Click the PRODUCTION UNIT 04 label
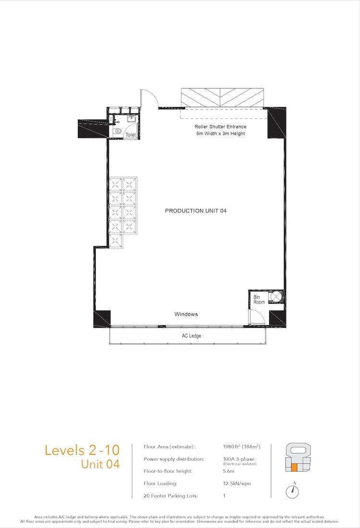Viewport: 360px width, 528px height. click(x=196, y=211)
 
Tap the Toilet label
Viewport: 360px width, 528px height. click(x=131, y=135)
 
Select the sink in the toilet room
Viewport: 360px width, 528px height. click(x=131, y=119)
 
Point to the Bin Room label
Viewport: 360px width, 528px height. click(x=259, y=299)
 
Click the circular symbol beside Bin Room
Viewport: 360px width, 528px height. click(x=276, y=296)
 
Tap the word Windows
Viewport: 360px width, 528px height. click(x=186, y=314)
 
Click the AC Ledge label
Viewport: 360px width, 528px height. click(x=191, y=336)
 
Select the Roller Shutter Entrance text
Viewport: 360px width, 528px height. click(x=221, y=127)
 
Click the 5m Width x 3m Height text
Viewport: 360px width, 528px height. click(x=221, y=134)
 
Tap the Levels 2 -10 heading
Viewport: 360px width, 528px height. click(x=82, y=450)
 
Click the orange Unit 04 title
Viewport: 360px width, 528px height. click(x=100, y=465)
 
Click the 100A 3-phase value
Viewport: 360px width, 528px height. click(x=239, y=459)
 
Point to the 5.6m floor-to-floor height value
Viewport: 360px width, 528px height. click(x=229, y=471)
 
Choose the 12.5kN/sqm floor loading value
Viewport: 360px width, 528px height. click(x=237, y=483)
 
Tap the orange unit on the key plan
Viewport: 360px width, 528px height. click(x=294, y=467)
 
